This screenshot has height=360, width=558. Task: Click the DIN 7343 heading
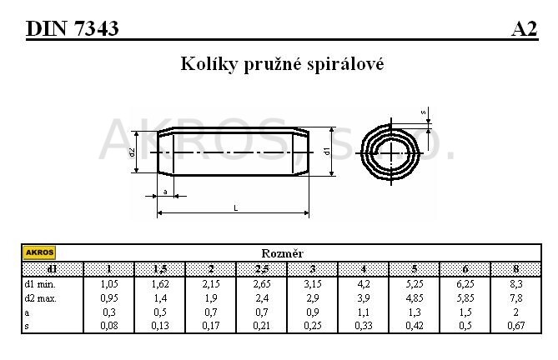pyautogui.click(x=73, y=29)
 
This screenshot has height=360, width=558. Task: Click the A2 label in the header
pyautogui.click(x=524, y=29)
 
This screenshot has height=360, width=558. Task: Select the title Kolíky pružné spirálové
pyautogui.click(x=282, y=63)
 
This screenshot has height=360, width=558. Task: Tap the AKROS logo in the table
pyautogui.click(x=39, y=252)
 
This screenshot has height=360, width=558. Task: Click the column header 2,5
pyautogui.click(x=261, y=268)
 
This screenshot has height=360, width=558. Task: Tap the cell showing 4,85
pyautogui.click(x=414, y=297)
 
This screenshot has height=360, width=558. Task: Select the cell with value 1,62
pyautogui.click(x=160, y=282)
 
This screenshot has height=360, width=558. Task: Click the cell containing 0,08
pyautogui.click(x=109, y=326)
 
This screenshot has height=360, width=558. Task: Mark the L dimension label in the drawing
pyautogui.click(x=236, y=208)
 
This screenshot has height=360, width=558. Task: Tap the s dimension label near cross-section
pyautogui.click(x=424, y=111)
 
